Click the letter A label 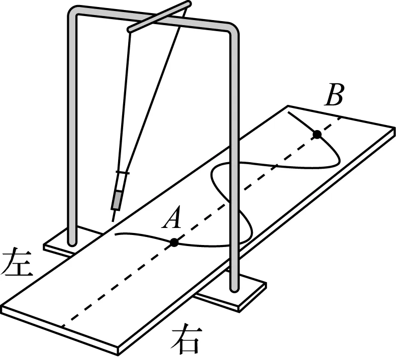pyautogui.click(x=173, y=218)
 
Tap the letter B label pyautogui.click(x=334, y=95)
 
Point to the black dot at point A pyautogui.click(x=174, y=242)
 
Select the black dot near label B pyautogui.click(x=317, y=134)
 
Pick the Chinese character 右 pyautogui.click(x=187, y=341)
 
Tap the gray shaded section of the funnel pyautogui.click(x=117, y=200)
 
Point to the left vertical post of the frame pyautogui.click(x=72, y=131)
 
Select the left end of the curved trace pyautogui.click(x=116, y=234)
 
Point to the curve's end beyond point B pyautogui.click(x=288, y=113)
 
